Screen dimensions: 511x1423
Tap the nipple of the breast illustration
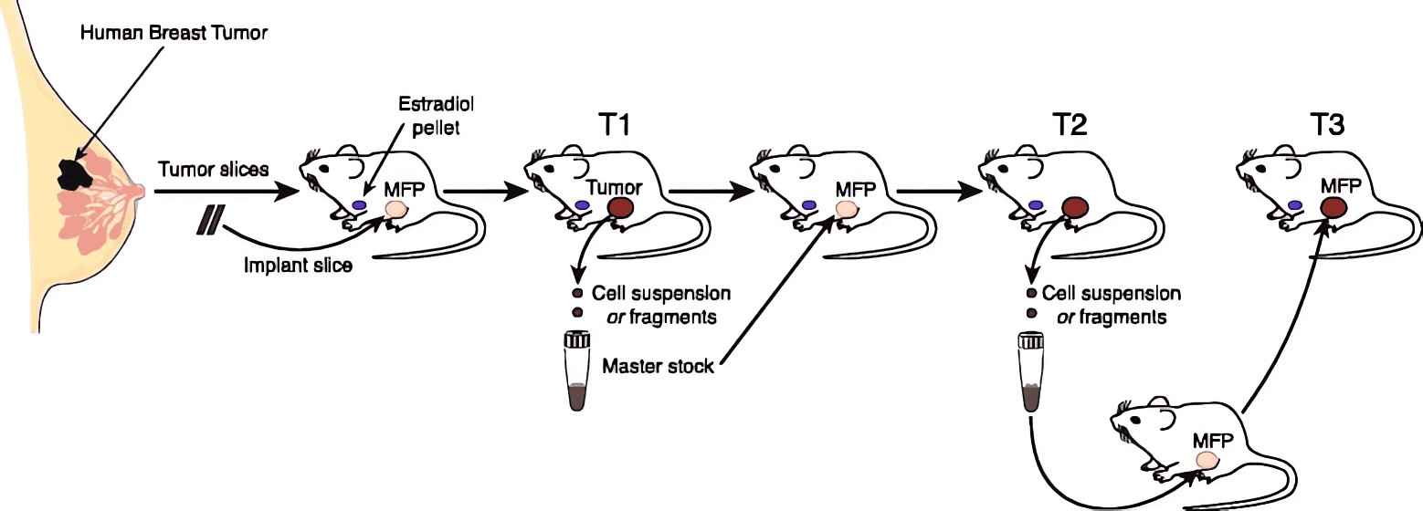tap(141, 192)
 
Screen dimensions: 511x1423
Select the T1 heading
tap(606, 125)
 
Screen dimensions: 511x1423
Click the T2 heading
tap(1067, 125)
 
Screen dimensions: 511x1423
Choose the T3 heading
tap(1323, 125)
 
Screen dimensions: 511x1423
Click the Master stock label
tap(658, 368)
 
